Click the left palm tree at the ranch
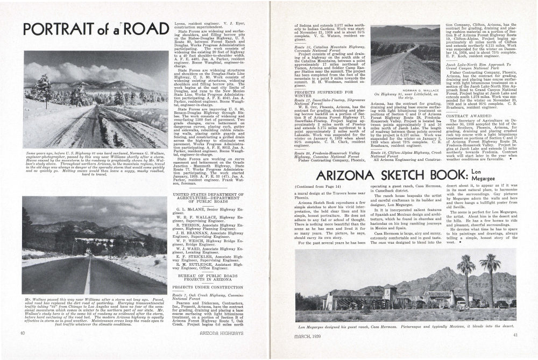pyautogui.click(x=465, y=267)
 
